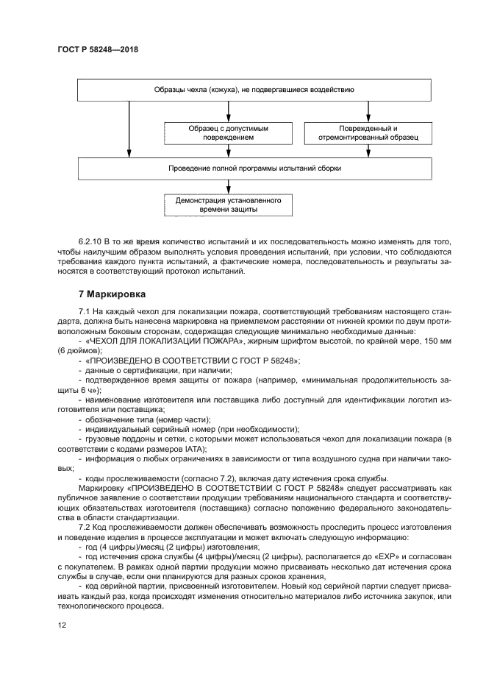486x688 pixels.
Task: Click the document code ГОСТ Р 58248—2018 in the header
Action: [x=97, y=49]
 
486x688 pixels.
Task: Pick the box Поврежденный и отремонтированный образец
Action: [x=368, y=132]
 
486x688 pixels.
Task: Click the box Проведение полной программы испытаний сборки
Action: [x=254, y=168]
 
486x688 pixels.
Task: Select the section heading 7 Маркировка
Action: [x=116, y=294]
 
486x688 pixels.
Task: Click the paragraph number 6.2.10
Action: [x=90, y=242]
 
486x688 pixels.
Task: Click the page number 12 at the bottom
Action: [x=62, y=625]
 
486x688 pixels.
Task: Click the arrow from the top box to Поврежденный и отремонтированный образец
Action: [x=368, y=110]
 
